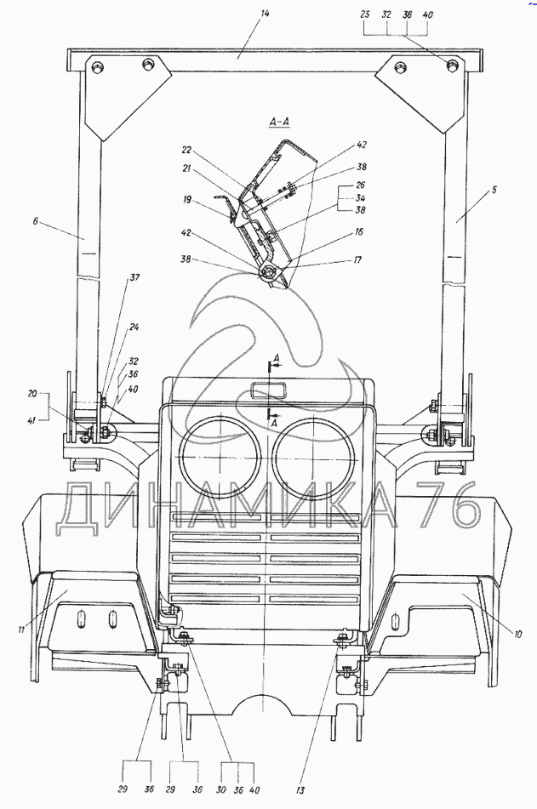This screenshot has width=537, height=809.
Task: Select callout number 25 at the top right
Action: tap(365, 14)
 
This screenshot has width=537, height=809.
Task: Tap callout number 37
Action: tap(134, 278)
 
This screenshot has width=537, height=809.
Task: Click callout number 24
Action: tap(134, 328)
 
